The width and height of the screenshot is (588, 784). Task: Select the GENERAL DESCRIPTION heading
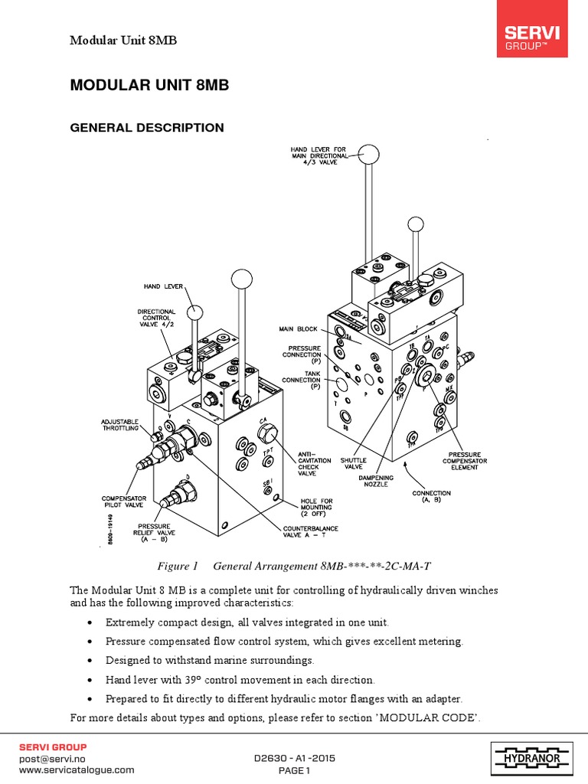click(147, 128)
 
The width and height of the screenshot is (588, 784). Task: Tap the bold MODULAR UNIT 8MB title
click(149, 86)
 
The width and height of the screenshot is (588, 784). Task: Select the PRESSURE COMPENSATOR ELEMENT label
click(460, 461)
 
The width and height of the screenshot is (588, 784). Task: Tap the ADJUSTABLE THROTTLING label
click(120, 425)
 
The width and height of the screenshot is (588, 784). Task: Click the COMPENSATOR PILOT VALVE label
click(124, 502)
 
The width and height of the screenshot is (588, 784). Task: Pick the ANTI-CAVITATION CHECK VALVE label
click(315, 463)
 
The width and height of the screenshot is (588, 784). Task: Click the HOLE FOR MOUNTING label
click(316, 508)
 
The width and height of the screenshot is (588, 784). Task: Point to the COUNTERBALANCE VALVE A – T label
click(310, 533)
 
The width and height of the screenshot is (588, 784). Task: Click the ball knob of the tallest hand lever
click(370, 155)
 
